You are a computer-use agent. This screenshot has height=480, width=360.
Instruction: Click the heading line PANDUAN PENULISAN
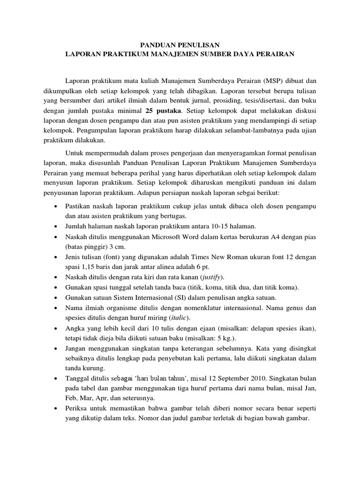(180, 45)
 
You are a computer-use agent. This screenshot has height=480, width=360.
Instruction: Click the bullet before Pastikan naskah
(57, 206)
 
